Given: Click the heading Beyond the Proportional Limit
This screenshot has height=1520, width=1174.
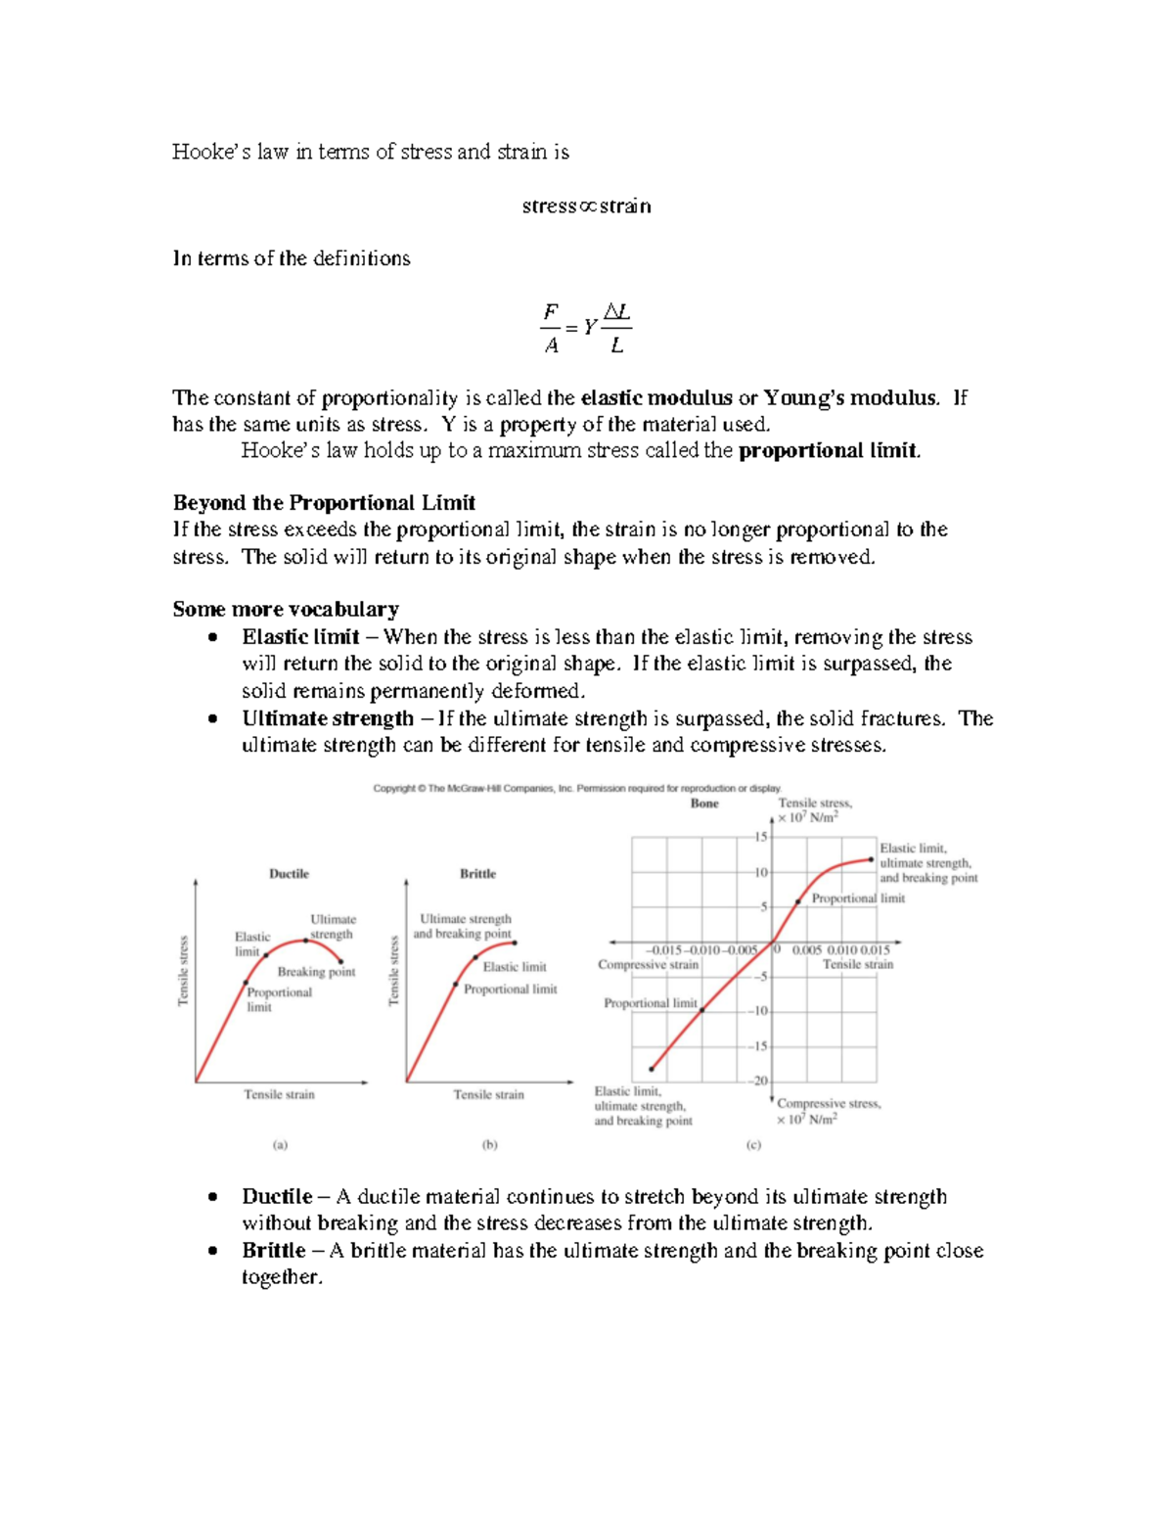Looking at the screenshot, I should [x=324, y=503].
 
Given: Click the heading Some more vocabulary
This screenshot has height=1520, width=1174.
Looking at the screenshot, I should [x=286, y=609].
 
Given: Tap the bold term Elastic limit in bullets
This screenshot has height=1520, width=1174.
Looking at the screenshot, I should [x=301, y=637].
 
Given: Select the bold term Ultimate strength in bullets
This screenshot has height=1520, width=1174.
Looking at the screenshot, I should [x=328, y=718].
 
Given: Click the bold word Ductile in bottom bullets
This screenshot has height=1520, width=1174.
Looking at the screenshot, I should [x=277, y=1196].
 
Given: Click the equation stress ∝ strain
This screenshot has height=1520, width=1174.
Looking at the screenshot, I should [x=586, y=207].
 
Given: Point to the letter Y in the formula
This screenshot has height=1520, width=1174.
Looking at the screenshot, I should [x=588, y=328].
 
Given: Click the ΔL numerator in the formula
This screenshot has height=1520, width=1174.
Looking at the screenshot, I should [x=616, y=312].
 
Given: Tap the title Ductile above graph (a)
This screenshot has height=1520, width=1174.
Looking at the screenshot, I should [x=289, y=874].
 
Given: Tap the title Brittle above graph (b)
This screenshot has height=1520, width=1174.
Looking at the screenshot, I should [x=477, y=874].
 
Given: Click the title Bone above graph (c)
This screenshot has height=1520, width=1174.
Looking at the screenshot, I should [x=704, y=804].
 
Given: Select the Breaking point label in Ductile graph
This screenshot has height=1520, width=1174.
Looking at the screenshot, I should [x=316, y=972].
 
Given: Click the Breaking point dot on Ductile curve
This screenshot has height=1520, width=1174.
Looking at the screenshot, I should [x=340, y=962].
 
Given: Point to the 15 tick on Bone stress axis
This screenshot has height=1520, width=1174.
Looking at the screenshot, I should [x=760, y=837].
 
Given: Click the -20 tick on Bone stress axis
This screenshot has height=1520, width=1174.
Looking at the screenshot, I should [x=758, y=1081].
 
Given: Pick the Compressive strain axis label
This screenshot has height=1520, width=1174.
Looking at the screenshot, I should [x=648, y=965].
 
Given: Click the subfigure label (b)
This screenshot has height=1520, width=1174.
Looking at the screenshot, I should [x=489, y=1144].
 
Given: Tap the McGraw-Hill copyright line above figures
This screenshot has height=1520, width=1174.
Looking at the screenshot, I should [x=577, y=788].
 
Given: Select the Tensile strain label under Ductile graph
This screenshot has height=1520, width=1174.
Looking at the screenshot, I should [x=279, y=1094].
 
